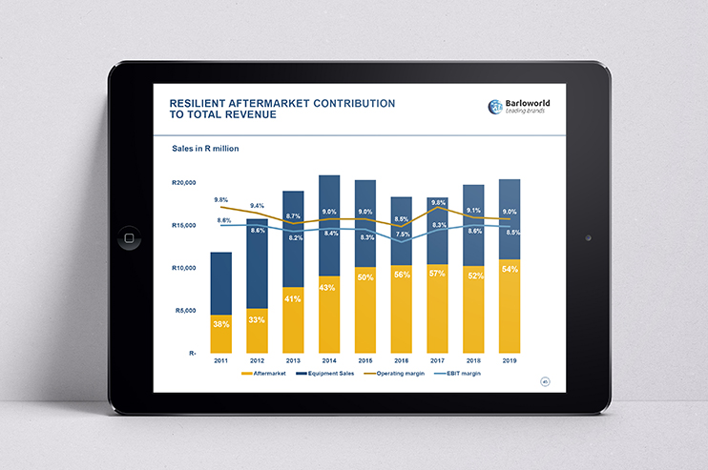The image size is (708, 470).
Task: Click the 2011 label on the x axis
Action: coord(220,361)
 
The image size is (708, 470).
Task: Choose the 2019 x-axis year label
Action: coord(510,361)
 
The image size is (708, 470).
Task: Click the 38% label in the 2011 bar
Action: coord(220,325)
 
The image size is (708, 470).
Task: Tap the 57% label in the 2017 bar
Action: coord(437,274)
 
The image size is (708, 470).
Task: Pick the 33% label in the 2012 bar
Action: coord(257,320)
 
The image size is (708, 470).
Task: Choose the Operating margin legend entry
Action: coord(399,375)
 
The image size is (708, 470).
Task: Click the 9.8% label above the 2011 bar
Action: coord(220,200)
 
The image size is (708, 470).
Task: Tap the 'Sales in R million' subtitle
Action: coord(205,149)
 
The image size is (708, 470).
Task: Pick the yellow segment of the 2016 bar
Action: coord(402,309)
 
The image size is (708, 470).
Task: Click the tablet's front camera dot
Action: coord(588,237)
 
